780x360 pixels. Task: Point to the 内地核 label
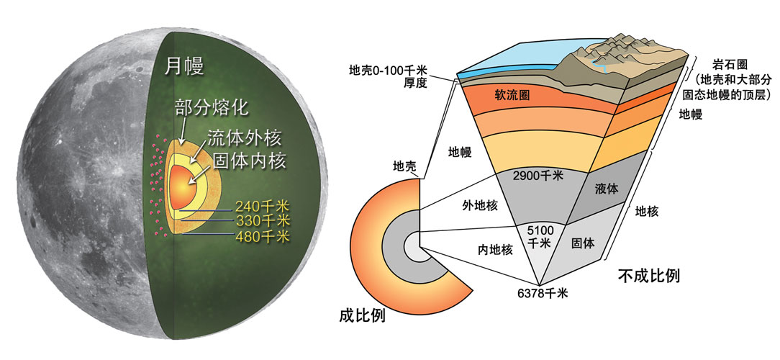click(496, 250)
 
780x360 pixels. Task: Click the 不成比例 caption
click(649, 275)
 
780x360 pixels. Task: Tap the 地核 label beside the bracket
click(648, 211)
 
